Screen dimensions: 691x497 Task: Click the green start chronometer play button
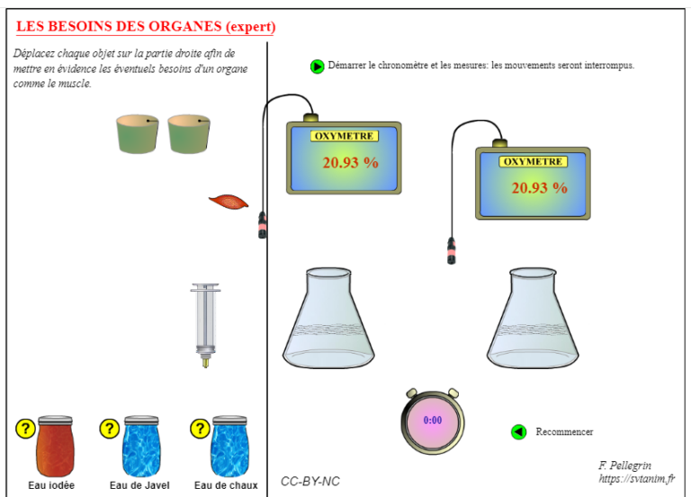tap(317, 67)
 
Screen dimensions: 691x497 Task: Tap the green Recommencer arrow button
tap(518, 432)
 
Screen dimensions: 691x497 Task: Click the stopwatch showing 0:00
tap(433, 421)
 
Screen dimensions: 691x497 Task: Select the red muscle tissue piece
tap(229, 202)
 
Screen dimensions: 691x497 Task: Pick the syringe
tap(205, 325)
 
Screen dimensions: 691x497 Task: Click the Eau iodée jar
tap(55, 446)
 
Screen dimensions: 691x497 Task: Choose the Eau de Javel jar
tap(141, 446)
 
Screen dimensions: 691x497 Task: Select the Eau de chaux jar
tap(229, 446)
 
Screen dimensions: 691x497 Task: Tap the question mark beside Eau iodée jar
tap(25, 429)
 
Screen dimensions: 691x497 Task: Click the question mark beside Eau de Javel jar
tap(110, 429)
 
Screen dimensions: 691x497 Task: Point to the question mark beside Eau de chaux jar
tap(200, 429)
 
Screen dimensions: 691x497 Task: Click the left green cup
tap(138, 134)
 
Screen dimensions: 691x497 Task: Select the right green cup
tap(189, 134)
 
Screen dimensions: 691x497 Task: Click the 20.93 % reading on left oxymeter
tap(350, 163)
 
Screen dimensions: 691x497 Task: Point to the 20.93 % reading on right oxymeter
tap(540, 188)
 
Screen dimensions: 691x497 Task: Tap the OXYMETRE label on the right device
tap(533, 162)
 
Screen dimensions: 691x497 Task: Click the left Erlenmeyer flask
tap(328, 318)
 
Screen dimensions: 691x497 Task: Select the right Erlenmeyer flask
tap(533, 318)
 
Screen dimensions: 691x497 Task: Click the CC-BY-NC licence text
tap(310, 482)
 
